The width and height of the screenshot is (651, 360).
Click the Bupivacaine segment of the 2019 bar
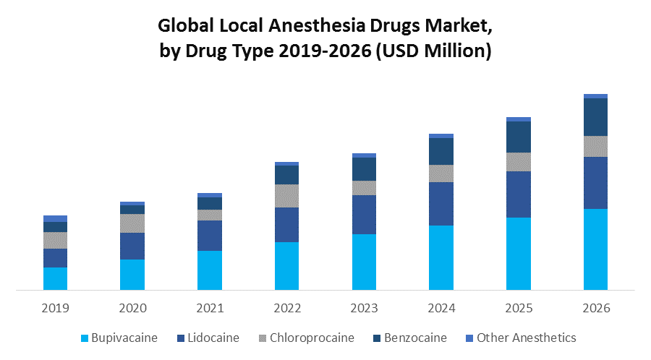[55, 278]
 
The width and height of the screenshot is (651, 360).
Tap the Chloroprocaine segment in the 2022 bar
[286, 196]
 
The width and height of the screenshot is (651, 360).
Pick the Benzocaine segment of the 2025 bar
[518, 137]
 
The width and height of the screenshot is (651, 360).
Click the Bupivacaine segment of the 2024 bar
[441, 257]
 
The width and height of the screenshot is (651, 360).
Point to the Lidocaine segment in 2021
[210, 236]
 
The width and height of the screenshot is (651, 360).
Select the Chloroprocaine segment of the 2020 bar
[132, 223]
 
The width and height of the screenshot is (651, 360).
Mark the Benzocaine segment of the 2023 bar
[364, 169]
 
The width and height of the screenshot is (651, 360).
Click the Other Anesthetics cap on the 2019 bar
[55, 218]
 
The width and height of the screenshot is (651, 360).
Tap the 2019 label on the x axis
[55, 309]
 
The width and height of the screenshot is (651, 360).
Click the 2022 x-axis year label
[286, 309]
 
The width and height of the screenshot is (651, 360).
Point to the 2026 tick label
[595, 309]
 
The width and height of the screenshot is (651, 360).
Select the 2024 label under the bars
[441, 309]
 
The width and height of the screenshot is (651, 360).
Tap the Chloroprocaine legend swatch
[263, 338]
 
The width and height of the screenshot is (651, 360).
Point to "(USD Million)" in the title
[433, 51]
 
